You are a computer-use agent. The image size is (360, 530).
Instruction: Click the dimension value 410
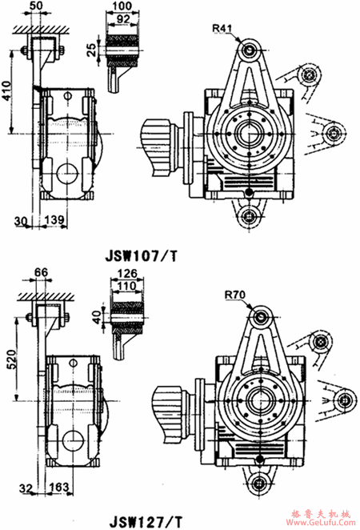[7, 94]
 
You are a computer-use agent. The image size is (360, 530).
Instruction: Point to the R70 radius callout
[234, 295]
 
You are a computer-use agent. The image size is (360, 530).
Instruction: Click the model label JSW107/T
[142, 257]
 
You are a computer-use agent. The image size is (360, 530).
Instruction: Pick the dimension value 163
[58, 485]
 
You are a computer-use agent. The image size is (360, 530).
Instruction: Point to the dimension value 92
[124, 18]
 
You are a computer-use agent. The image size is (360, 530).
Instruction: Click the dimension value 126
[126, 274]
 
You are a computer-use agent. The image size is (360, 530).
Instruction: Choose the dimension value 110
[126, 285]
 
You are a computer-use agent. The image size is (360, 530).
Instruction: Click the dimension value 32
[26, 485]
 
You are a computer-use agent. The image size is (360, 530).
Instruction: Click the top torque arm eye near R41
[251, 51]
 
